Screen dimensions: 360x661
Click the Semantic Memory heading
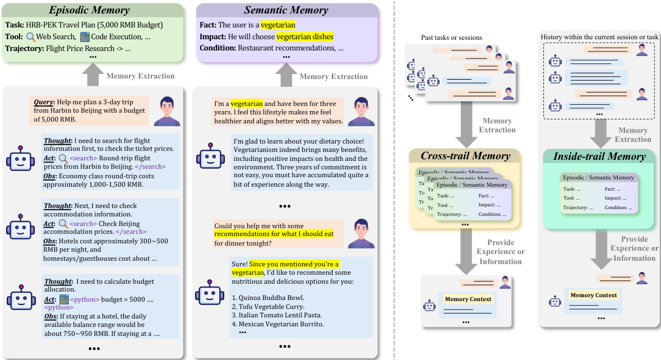point(286,11)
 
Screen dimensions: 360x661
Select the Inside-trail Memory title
point(599,156)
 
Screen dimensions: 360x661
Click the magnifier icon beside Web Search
point(31,37)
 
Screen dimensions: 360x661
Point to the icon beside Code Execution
point(85,37)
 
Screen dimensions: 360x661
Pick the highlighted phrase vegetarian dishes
point(305,36)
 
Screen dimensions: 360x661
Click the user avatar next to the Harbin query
point(167,110)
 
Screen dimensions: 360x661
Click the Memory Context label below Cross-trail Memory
point(468,299)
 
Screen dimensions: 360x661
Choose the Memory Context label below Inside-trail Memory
point(593,295)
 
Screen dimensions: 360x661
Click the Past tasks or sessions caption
point(451,37)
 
